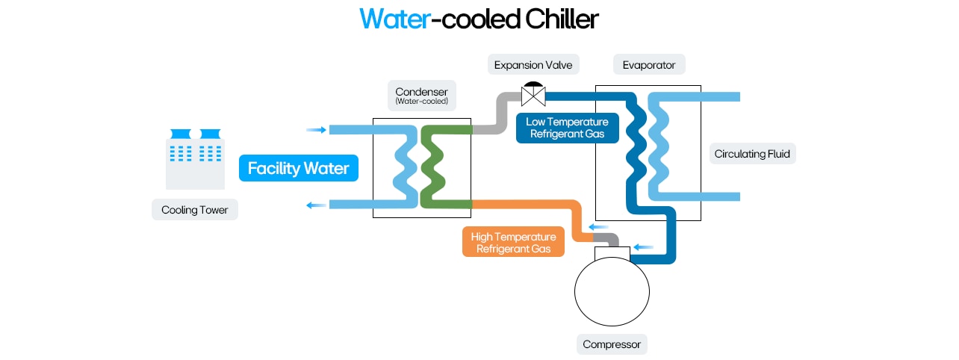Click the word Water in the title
click(x=394, y=19)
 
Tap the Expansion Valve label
click(x=533, y=65)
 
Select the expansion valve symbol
click(x=533, y=94)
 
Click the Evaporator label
click(x=648, y=65)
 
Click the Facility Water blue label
click(x=298, y=168)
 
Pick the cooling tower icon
click(x=195, y=158)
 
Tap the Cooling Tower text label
click(x=194, y=210)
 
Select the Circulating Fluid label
click(x=751, y=155)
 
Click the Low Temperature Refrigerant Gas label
click(x=567, y=128)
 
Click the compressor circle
click(x=612, y=292)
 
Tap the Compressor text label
click(x=612, y=344)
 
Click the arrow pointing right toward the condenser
click(x=317, y=130)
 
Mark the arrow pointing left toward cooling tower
click(x=317, y=205)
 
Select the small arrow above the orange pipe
click(x=598, y=227)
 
